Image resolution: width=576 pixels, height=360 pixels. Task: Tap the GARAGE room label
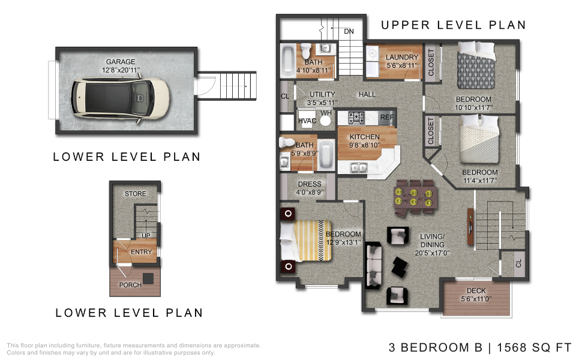point(121,62)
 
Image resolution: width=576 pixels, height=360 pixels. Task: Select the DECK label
point(476,290)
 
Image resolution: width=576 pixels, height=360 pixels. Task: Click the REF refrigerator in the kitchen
point(387,117)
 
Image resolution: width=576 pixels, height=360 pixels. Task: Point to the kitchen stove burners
point(356,118)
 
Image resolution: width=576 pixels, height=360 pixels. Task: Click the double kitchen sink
point(358,167)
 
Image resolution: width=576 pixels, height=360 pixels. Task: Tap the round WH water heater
point(325,121)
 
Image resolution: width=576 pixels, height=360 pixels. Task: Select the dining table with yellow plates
point(415,197)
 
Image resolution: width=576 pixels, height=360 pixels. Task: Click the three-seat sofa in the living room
point(374,265)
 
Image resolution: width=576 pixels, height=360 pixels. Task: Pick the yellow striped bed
point(306,241)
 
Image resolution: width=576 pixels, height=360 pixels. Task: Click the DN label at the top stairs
point(349,32)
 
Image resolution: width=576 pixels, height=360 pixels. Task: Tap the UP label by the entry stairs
point(146,235)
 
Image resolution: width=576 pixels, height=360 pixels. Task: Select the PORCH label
point(130,285)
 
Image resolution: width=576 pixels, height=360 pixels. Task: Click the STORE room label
point(135,194)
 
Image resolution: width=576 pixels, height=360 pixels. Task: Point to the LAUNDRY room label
point(402,58)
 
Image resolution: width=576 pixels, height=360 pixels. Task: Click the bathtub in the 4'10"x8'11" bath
point(288,61)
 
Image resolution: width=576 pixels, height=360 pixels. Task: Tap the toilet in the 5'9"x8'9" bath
point(287,142)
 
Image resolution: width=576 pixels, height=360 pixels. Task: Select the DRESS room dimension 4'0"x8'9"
point(310,192)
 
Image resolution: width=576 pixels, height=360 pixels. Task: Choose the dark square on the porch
point(148,278)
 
